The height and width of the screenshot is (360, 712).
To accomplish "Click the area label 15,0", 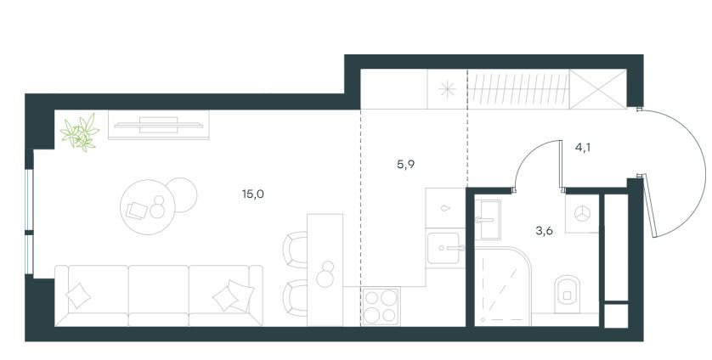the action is coord(253,194).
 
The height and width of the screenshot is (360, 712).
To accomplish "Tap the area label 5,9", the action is coord(405,165).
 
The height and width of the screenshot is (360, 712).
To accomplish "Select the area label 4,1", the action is coord(583,147).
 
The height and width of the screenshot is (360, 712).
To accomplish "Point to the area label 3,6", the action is coord(544,231).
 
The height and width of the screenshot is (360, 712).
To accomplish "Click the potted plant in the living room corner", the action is coord(80,132).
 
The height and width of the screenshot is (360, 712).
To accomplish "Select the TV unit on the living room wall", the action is coord(159,125).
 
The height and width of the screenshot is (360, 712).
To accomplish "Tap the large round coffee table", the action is coord(148,207).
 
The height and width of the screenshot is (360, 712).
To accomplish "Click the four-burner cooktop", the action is coord(381,307).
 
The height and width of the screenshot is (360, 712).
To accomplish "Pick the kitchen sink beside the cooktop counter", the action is coord(445,248).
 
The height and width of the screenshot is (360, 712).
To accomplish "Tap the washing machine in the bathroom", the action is coord(582,214).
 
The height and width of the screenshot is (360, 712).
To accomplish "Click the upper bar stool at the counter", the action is coord(295,250).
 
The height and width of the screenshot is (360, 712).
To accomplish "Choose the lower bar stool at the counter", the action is coord(295,298).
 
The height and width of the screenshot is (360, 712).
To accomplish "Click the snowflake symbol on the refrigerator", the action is coord(447,89).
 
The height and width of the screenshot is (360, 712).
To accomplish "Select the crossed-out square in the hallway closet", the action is coord(598,89).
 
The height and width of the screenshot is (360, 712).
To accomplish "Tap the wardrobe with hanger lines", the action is coord(518,89).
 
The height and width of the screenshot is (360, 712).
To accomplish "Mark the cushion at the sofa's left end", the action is coord(78,295).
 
